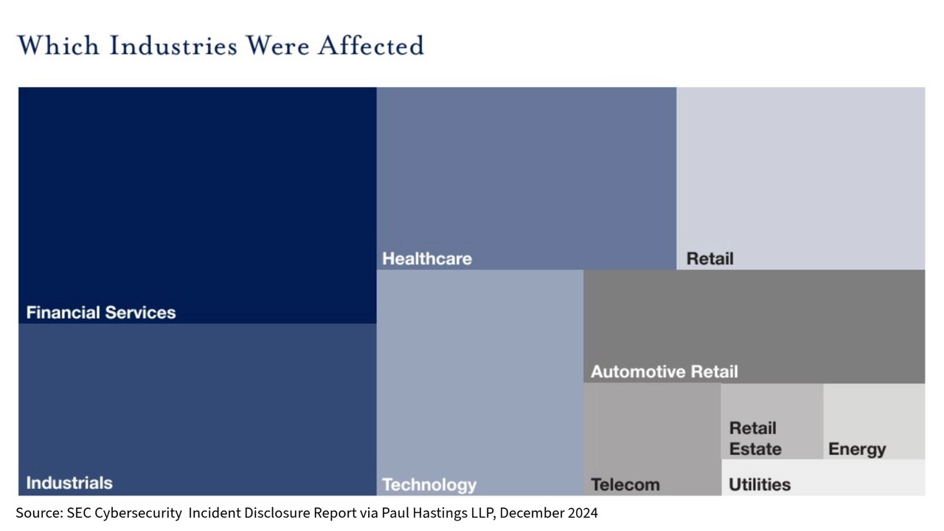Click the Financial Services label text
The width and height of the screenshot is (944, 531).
(101, 313)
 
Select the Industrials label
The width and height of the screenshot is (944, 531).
(69, 483)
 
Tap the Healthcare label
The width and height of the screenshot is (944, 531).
(427, 259)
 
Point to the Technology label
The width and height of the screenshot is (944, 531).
(429, 485)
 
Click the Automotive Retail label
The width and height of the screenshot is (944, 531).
(664, 372)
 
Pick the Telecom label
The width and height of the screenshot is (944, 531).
(625, 485)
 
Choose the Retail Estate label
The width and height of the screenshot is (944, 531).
(754, 439)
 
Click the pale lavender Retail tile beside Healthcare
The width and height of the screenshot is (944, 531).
(800, 178)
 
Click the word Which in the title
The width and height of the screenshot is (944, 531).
(58, 46)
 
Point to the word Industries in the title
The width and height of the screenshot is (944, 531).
(173, 46)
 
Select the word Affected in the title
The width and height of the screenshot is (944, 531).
(371, 46)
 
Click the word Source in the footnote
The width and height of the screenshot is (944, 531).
(38, 513)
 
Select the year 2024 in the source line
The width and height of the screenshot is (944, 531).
(581, 513)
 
